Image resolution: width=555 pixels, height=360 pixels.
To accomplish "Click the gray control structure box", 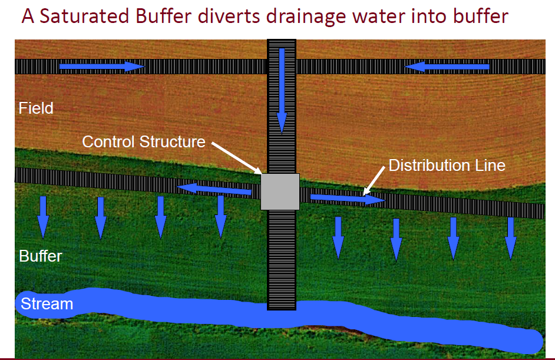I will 280,191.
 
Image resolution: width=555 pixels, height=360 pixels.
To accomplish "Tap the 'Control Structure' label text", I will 143,142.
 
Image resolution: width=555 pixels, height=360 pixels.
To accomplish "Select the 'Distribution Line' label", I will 447,165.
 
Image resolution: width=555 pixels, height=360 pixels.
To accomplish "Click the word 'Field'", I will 36,108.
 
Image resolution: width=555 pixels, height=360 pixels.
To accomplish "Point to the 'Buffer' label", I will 40,256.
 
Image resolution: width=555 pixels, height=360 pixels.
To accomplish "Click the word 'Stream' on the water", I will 47,304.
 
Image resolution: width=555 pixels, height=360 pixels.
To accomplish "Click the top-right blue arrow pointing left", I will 447,67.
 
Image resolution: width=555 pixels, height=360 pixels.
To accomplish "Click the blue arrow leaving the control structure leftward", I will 214,189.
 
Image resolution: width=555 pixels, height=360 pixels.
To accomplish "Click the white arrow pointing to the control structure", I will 236,158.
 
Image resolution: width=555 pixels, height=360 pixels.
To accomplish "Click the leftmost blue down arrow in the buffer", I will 43,218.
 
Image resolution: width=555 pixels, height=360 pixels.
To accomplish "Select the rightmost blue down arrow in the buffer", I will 510,238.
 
